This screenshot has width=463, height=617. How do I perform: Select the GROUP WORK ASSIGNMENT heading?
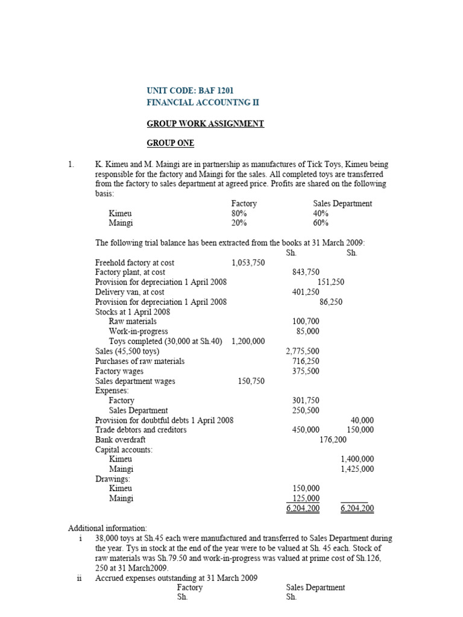206,124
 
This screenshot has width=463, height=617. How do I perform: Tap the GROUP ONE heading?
171,143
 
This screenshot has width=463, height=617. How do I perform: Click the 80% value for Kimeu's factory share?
239,213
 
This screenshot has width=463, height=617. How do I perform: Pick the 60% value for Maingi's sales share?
321,223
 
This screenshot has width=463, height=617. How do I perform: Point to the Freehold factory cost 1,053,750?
248,263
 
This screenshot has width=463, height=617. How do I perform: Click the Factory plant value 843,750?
306,272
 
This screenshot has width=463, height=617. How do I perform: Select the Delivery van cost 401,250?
306,292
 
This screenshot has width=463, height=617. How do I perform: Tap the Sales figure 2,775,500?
303,351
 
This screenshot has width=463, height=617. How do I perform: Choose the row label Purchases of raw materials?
140,361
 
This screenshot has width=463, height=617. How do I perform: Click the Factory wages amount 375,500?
306,371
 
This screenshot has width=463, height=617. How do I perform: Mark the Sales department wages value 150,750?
251,381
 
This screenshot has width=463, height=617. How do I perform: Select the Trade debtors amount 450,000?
306,430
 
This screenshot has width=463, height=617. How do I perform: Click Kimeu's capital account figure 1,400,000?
357,459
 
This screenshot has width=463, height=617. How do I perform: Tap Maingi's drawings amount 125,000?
306,498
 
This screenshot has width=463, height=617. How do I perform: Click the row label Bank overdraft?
120,440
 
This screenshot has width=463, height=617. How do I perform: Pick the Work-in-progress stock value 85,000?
307,331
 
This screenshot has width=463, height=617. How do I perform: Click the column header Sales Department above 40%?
342,204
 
